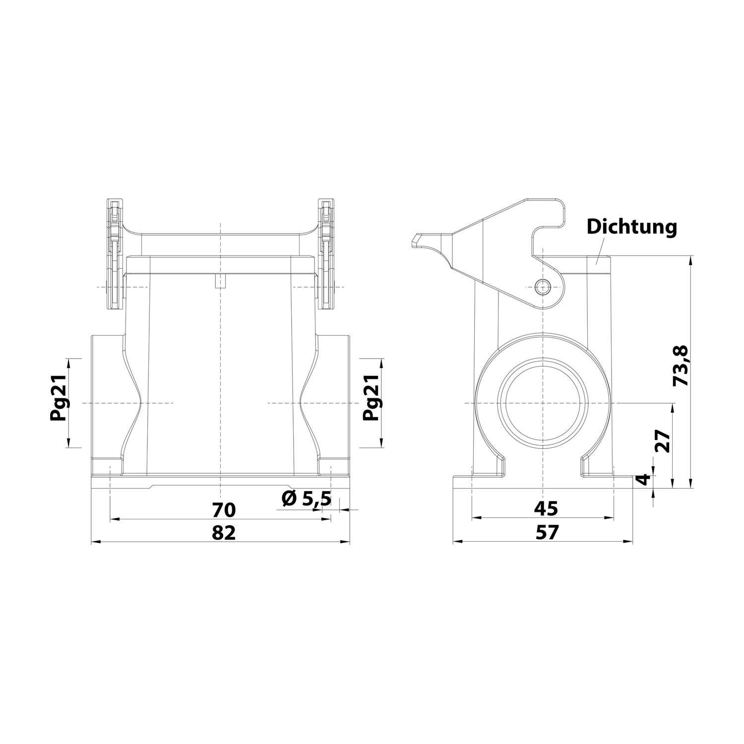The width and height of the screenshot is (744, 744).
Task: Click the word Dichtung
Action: click(x=631, y=227)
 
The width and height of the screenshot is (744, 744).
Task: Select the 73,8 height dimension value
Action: click(x=681, y=366)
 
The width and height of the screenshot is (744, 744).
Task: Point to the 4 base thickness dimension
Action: click(x=643, y=479)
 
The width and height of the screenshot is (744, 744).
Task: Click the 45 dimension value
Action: click(x=546, y=508)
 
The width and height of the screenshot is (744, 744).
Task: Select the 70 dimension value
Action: click(x=224, y=509)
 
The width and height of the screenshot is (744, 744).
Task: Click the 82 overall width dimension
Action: click(x=224, y=533)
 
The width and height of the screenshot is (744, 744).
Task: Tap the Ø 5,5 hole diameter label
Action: click(x=306, y=498)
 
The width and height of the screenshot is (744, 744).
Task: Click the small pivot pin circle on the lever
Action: click(x=543, y=286)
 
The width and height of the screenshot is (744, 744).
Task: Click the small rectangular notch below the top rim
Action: click(x=220, y=282)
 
